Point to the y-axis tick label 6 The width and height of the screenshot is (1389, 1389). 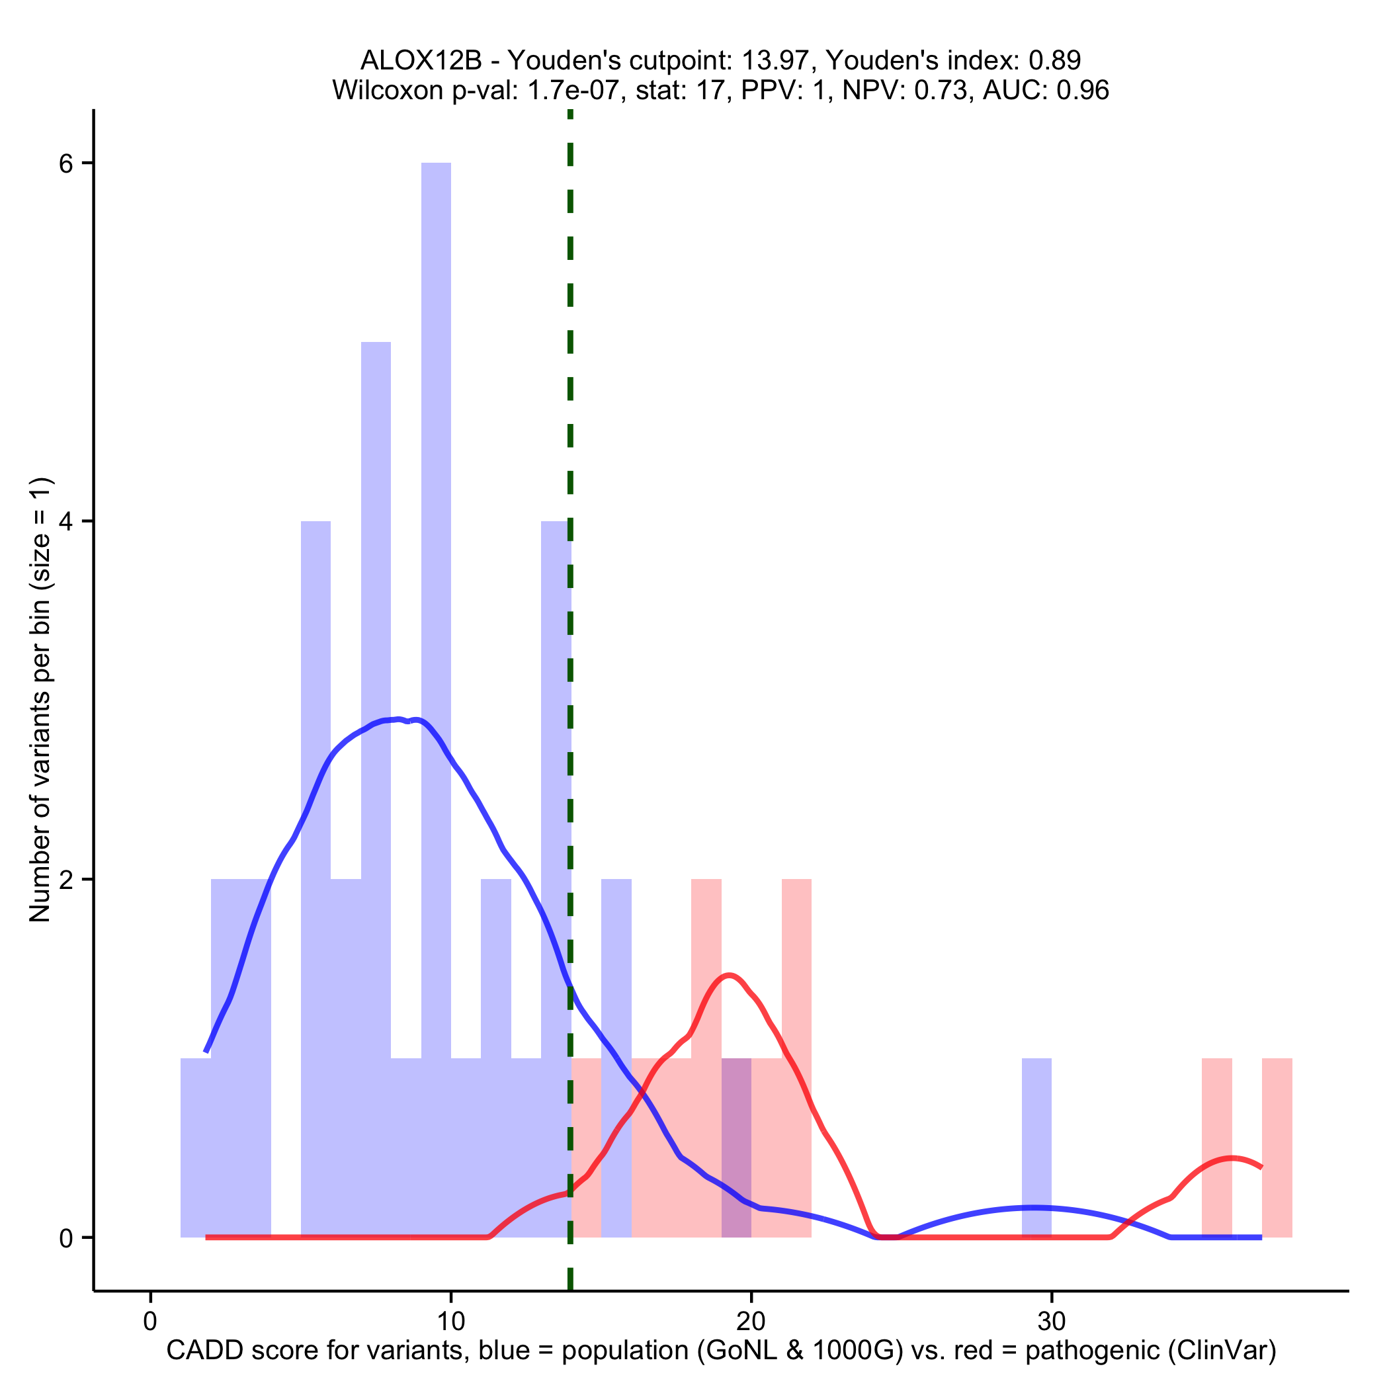tap(66, 164)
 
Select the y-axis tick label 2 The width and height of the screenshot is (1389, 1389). tap(66, 879)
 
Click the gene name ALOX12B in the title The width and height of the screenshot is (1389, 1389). tap(421, 60)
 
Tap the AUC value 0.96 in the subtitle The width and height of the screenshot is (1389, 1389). tap(1083, 90)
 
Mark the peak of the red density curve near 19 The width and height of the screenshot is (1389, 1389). tap(730, 976)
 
